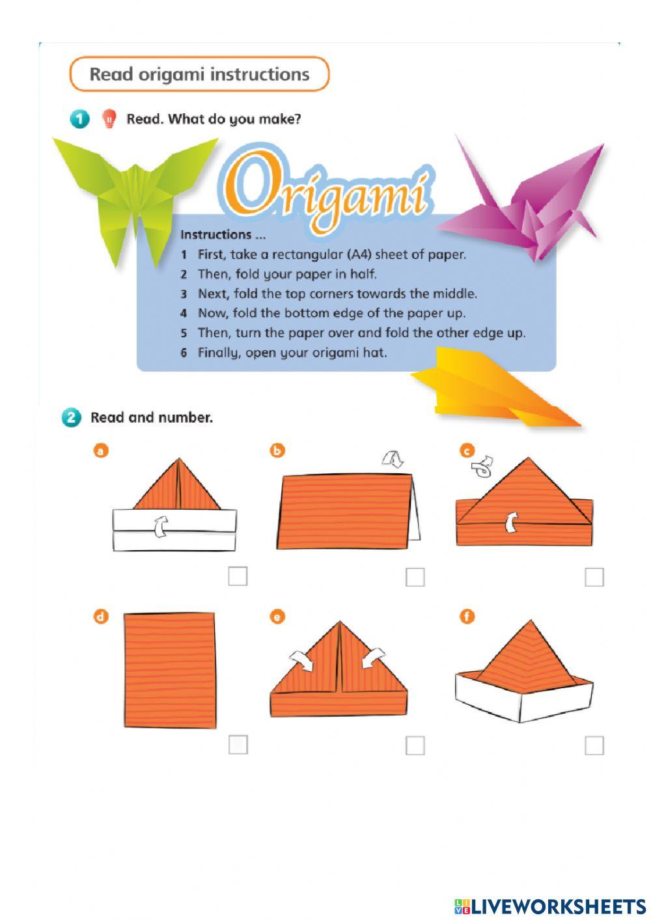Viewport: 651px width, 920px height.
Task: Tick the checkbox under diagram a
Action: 238,576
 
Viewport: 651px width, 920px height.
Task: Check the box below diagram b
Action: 415,577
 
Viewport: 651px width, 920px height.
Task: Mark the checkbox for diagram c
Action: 594,577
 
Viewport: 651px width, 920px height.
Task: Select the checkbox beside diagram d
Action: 238,745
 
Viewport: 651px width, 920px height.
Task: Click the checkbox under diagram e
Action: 415,746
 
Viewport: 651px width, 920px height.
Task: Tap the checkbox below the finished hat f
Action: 594,746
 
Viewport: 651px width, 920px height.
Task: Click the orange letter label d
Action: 100,616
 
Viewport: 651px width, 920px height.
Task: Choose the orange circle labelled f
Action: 467,616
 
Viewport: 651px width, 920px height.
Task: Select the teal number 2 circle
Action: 71,417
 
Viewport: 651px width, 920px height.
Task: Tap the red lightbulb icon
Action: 109,118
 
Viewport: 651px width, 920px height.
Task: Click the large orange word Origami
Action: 325,189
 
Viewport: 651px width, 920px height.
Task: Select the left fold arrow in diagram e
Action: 301,661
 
